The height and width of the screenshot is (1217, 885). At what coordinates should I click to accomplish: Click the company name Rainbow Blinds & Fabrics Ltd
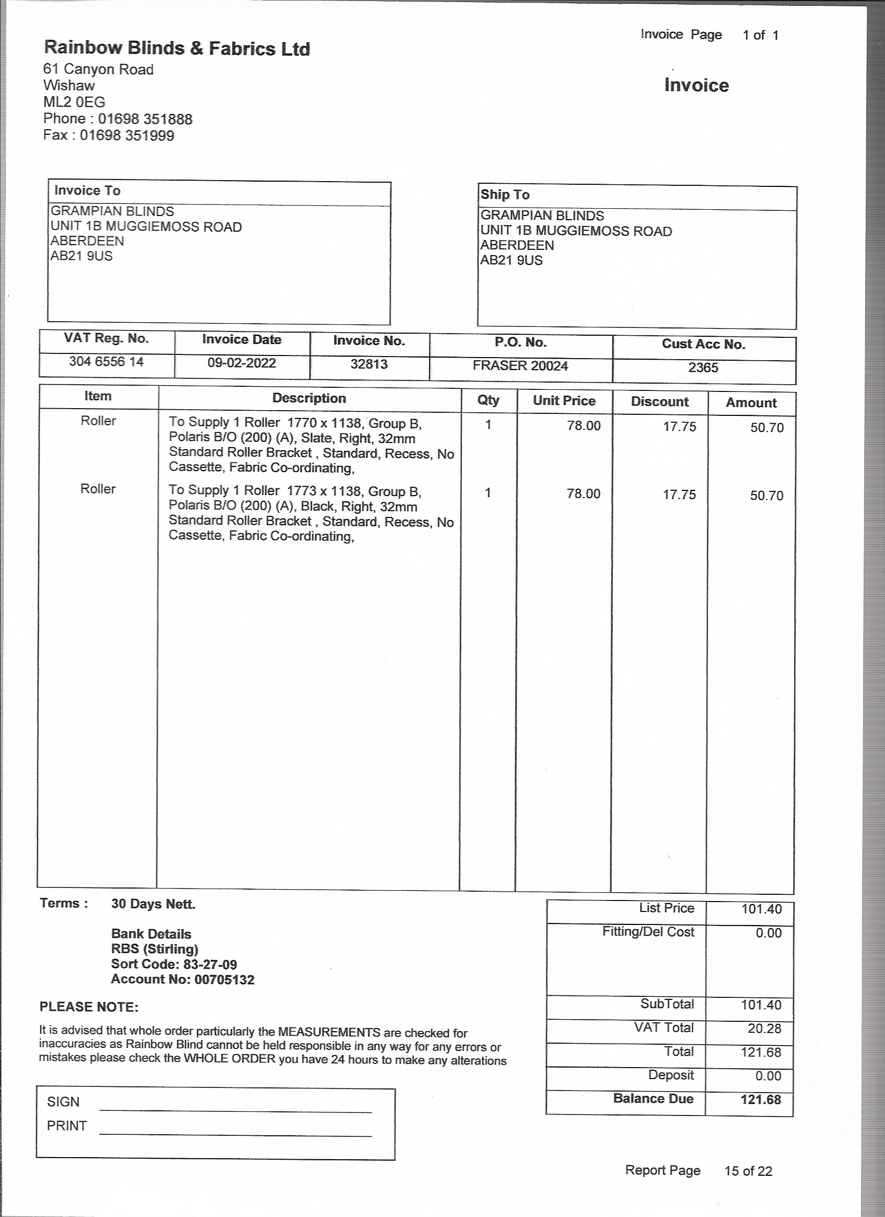coord(176,48)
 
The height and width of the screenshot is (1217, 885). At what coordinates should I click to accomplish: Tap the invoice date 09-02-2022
coord(242,363)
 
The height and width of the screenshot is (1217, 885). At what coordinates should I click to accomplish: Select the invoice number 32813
coord(369,364)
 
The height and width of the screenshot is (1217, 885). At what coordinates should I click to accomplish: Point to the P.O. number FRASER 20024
coord(520,366)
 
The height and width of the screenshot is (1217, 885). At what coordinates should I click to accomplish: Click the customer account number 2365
coord(703,367)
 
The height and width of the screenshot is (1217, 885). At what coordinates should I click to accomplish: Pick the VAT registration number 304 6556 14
coord(106,362)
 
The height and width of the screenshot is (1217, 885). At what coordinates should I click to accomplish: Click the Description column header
coord(309,398)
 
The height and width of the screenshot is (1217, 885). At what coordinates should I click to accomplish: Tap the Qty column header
coord(488,400)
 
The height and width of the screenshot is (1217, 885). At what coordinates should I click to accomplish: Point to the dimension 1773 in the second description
coord(301,491)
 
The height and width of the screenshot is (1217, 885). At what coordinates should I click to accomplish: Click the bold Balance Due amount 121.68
coord(761,1099)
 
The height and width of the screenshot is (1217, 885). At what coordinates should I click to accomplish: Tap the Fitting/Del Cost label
coord(648,932)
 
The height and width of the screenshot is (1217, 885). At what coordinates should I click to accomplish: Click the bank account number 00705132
coord(224,979)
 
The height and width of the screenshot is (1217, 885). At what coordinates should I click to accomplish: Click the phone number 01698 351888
coord(145,119)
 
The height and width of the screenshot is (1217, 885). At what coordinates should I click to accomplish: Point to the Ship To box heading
coord(505,195)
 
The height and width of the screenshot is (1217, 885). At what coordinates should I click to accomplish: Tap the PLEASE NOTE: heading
coord(89,1007)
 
